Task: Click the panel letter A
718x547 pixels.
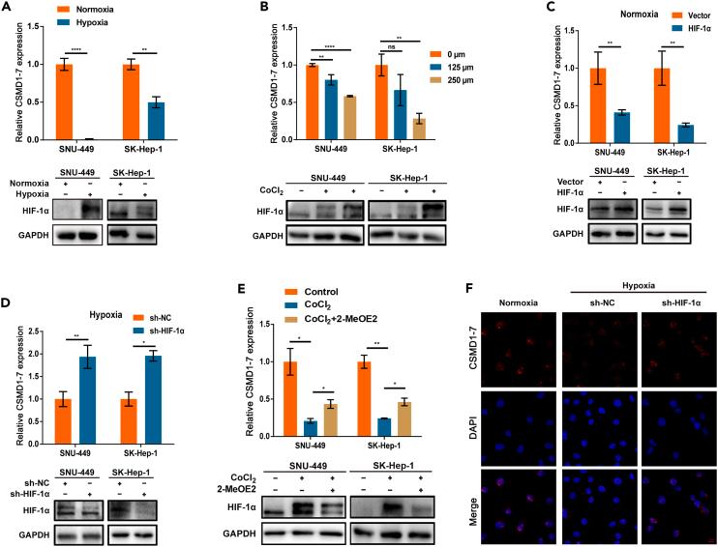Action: (x=7, y=7)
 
